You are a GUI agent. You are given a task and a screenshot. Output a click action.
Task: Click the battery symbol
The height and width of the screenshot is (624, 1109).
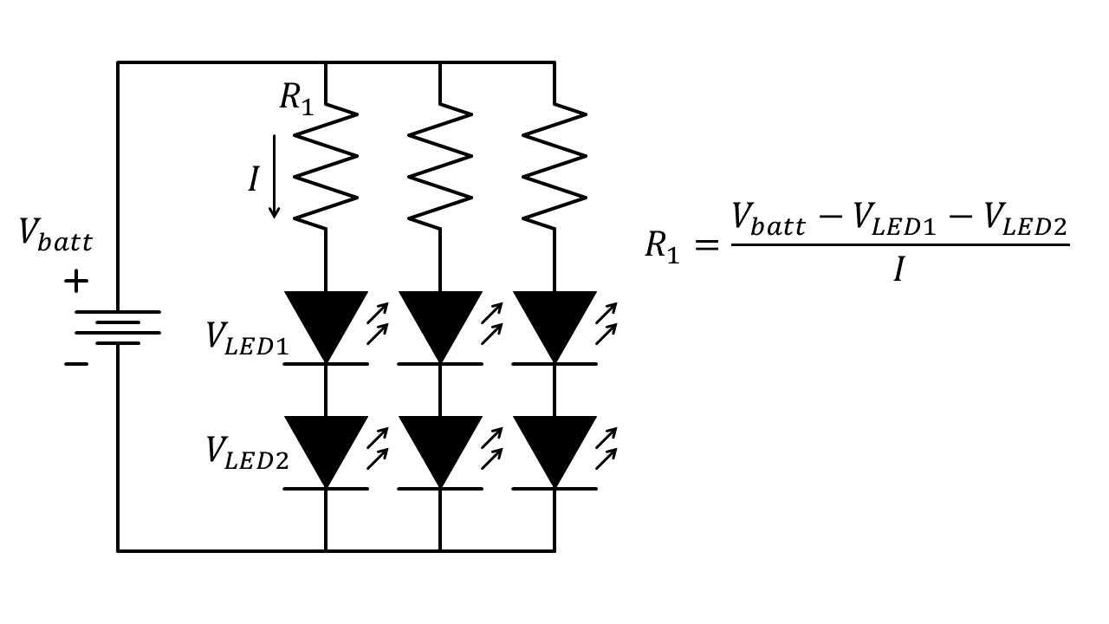point(118,327)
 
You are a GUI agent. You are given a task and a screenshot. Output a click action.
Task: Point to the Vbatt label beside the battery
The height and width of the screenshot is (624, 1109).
point(55,235)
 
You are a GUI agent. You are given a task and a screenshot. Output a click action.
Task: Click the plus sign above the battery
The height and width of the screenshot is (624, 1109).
point(76,281)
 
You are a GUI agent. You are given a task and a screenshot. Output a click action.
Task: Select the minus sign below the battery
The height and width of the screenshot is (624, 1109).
point(76,364)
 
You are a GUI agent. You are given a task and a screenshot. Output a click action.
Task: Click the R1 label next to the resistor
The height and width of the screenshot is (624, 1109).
point(295,99)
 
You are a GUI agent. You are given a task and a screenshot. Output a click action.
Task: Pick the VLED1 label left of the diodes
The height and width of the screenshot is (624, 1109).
point(247,338)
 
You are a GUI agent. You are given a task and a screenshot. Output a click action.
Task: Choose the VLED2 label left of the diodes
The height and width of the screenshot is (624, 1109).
point(247,452)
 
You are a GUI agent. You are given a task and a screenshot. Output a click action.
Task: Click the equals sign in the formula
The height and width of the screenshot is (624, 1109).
point(705,245)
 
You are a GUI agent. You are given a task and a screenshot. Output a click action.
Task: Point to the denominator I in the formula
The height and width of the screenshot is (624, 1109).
point(899,271)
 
